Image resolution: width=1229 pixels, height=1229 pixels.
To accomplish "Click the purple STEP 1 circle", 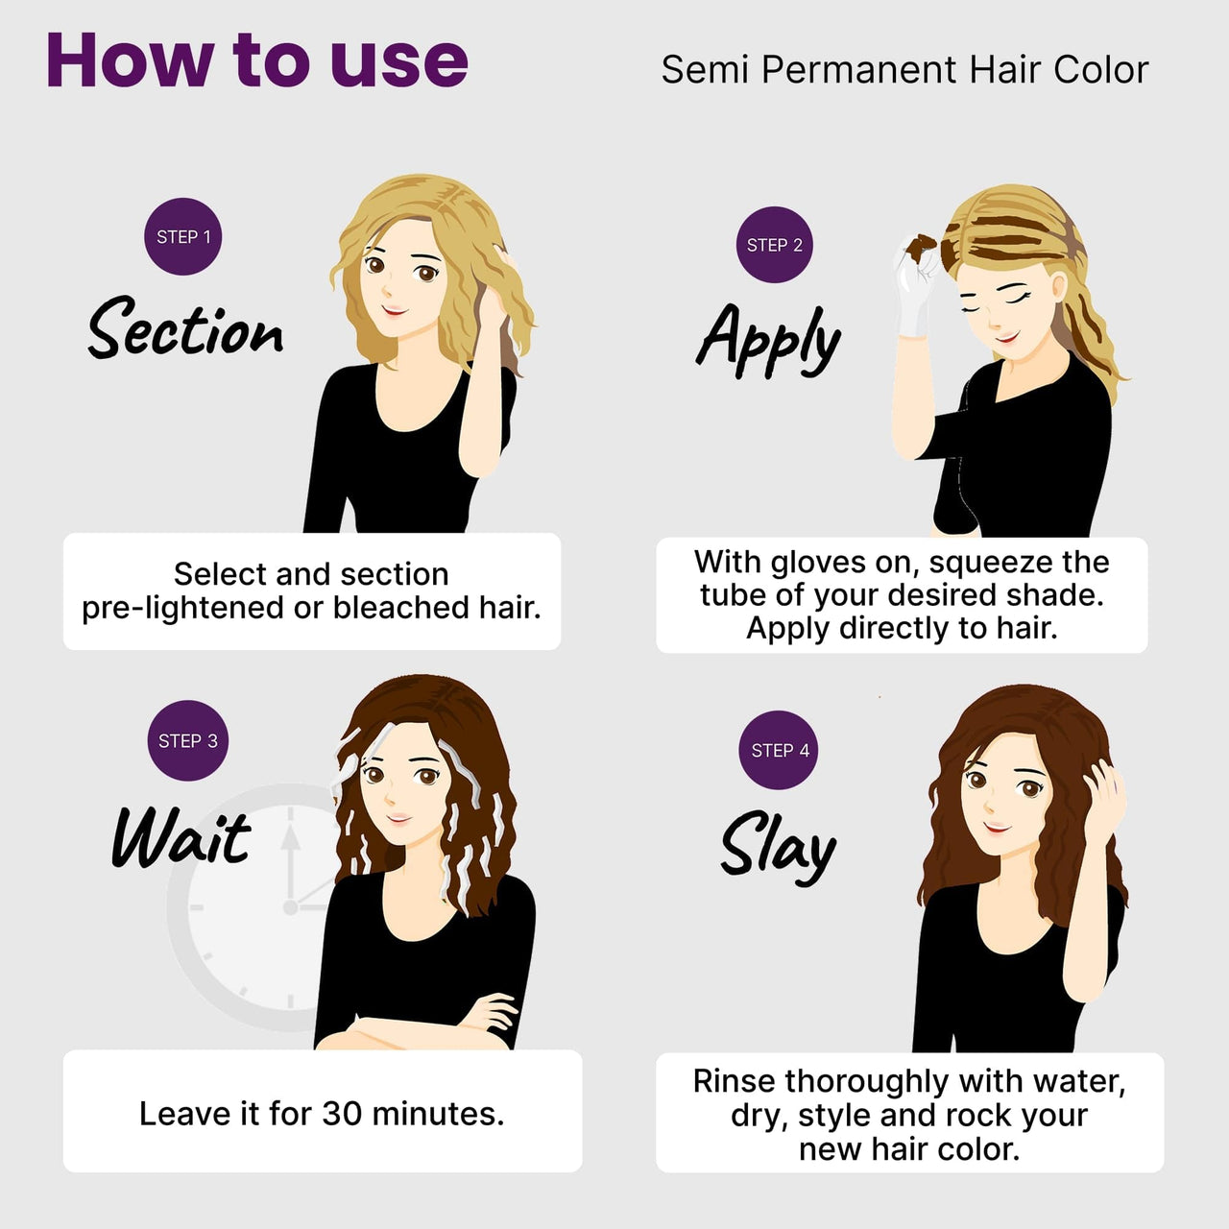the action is pos(183,236).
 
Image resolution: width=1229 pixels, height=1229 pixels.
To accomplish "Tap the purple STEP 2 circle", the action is pos(774,245).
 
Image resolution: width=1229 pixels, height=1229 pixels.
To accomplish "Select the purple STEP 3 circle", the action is pos(187,740).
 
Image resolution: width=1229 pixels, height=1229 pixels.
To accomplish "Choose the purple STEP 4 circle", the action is pos(779,750).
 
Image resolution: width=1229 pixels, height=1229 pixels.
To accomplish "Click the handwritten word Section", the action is pos(185,328).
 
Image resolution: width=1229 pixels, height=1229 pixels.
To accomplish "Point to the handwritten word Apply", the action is pos(768,341).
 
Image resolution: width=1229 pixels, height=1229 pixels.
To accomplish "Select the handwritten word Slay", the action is pos(778,846).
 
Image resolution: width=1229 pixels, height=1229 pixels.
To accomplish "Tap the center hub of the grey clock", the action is pos(290,907).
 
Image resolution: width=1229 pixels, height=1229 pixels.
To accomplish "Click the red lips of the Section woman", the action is pos(395,310).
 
